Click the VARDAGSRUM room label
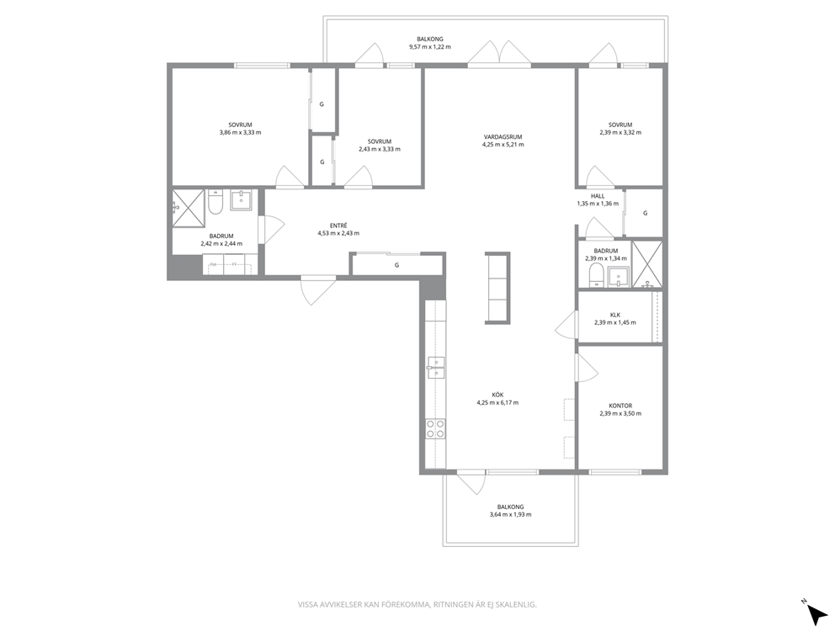[503, 137]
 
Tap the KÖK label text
[497, 395]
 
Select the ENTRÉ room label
[338, 225]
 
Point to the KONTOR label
[620, 406]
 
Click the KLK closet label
[615, 315]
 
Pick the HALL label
[598, 196]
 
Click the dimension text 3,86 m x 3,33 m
[240, 133]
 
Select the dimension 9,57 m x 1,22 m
[430, 46]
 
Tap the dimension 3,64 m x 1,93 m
[510, 514]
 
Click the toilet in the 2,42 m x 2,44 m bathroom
[215, 202]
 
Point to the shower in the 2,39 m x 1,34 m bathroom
[647, 264]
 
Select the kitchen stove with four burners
[436, 429]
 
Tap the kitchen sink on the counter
[436, 368]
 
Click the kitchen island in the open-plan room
[497, 288]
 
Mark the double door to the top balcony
[499, 53]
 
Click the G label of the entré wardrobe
[396, 264]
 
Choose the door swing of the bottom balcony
[471, 482]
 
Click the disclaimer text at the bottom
[417, 604]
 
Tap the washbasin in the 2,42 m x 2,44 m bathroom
[242, 200]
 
